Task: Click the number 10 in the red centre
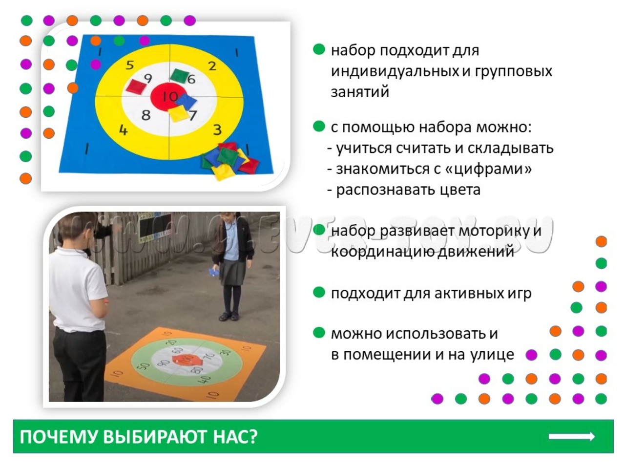170,97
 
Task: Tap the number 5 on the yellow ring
130,65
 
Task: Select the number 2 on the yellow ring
212,66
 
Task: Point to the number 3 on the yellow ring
217,130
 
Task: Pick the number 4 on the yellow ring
123,130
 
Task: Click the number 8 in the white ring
146,115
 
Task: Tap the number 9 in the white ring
148,78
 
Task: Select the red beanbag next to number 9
136,86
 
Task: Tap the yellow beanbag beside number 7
178,113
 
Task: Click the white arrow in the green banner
571,437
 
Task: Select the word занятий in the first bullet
360,92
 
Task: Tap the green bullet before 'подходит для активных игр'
319,293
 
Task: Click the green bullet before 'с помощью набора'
319,126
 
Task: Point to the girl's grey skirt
232,272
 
